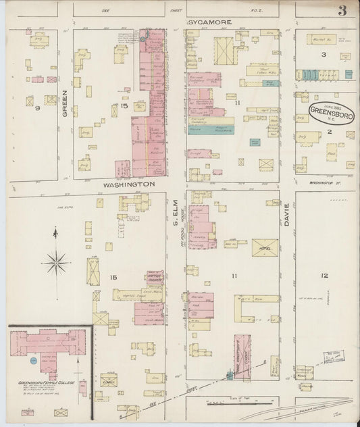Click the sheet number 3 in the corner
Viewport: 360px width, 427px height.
(343, 11)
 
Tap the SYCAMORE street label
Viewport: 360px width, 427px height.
(209, 22)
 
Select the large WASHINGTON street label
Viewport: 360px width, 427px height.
(129, 184)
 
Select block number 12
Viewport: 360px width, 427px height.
(325, 276)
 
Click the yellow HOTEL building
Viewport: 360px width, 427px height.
(264, 247)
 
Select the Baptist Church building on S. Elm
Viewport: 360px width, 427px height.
(154, 280)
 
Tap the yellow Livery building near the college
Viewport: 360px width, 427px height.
(108, 382)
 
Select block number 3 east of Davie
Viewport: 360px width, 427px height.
(324, 54)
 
